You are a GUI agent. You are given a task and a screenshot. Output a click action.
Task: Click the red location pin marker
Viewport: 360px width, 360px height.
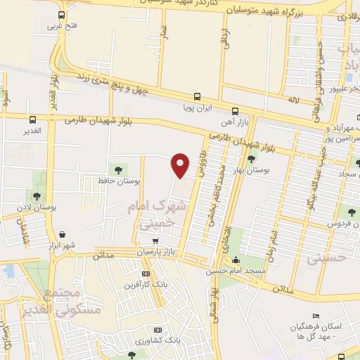[181, 164]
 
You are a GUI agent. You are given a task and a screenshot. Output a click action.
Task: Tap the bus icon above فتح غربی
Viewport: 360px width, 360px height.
[62, 15]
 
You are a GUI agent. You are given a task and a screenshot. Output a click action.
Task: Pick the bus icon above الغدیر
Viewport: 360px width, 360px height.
[32, 119]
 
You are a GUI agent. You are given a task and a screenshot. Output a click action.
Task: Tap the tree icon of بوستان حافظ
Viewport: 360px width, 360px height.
[117, 168]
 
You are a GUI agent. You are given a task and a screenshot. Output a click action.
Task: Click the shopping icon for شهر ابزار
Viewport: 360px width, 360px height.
[63, 234]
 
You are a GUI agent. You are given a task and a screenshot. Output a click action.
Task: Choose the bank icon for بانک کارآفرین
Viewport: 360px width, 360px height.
[146, 274]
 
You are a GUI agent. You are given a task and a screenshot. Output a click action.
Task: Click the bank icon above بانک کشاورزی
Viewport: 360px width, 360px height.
[158, 330]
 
